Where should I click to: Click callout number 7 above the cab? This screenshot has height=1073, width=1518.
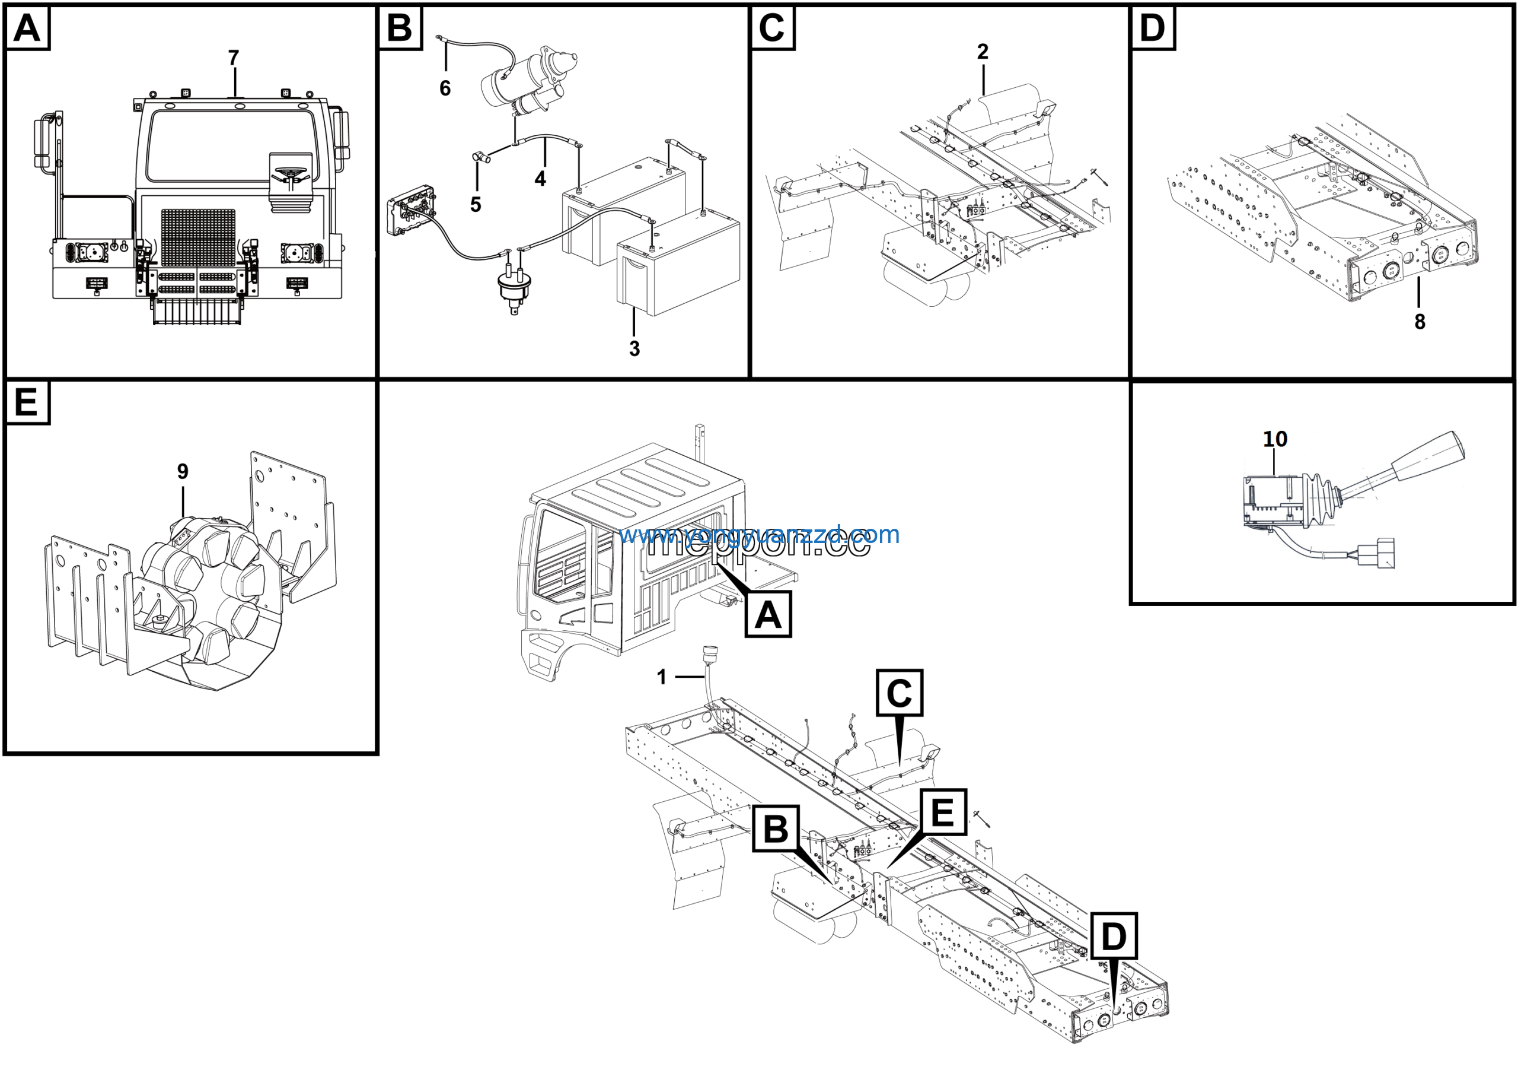[234, 58]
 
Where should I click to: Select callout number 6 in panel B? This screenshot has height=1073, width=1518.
[445, 88]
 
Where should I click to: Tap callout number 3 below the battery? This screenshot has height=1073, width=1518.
[634, 348]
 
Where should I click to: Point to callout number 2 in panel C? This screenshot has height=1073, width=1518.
[983, 52]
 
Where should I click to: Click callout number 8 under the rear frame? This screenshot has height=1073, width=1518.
[1420, 322]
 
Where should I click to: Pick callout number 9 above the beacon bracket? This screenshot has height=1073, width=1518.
[183, 471]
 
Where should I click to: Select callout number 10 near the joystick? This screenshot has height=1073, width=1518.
[1275, 439]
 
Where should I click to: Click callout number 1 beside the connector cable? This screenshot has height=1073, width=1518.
[661, 677]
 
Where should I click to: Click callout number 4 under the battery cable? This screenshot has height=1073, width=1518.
[540, 179]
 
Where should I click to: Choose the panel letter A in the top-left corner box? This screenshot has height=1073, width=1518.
[27, 28]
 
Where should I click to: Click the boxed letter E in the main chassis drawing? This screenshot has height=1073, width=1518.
[942, 812]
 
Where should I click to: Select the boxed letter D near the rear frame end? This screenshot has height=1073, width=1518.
[1114, 937]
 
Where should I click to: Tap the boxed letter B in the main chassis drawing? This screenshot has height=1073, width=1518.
[776, 828]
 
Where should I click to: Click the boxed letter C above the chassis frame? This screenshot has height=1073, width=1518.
[899, 693]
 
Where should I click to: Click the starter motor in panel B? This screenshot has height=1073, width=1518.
[529, 80]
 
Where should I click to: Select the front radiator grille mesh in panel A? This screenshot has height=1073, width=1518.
[197, 238]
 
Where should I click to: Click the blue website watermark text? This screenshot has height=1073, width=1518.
[759, 535]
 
